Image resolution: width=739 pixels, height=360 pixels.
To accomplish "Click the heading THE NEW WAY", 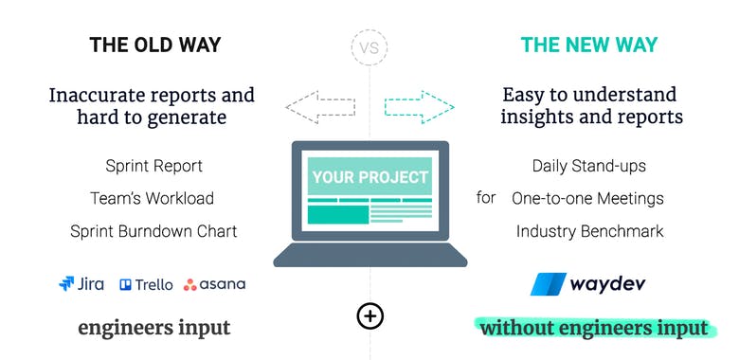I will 589,45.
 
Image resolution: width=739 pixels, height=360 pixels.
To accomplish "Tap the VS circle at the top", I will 369,45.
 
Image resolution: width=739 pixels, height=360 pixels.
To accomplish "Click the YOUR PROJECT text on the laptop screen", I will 369,176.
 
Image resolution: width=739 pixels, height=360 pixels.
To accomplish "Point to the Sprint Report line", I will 153,166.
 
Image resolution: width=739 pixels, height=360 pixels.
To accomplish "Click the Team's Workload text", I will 153,198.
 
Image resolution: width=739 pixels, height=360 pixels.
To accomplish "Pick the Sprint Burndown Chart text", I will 153,230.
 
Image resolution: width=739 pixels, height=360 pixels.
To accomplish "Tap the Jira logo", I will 81,283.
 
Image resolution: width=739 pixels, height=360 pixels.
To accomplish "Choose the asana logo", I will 214,283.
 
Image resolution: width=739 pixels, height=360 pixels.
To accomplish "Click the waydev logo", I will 588,284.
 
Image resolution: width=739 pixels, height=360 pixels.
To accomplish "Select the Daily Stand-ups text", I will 588,166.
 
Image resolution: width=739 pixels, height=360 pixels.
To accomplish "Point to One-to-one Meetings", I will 587,198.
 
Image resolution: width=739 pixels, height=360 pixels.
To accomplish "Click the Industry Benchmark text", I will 589,230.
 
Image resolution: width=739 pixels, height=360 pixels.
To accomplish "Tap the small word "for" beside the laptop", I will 486,199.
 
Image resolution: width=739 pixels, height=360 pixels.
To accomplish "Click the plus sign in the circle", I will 369,315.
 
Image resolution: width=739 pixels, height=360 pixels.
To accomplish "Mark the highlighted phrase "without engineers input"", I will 593,328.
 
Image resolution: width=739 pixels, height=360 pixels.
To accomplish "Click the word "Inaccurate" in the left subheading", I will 98,95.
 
